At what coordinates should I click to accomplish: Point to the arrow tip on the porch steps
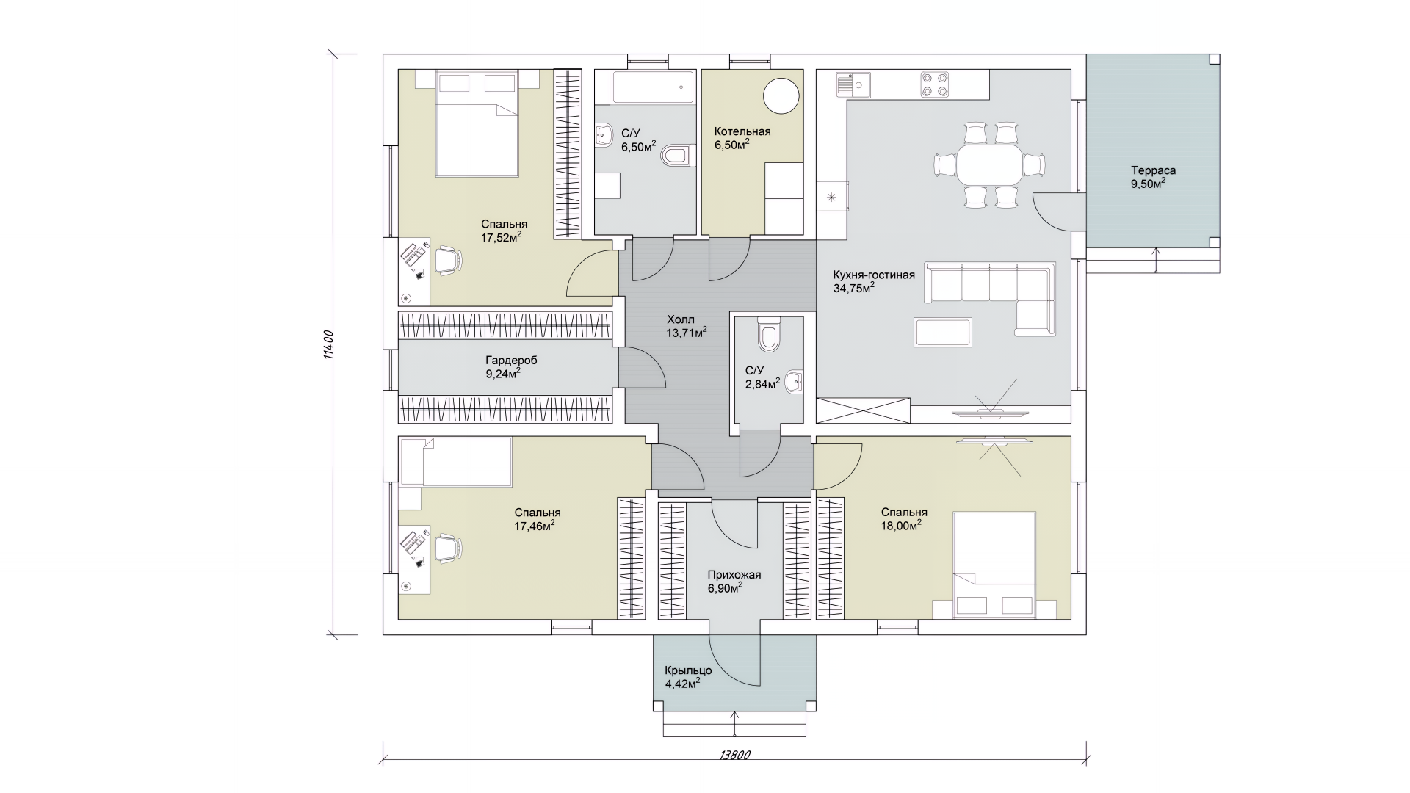tap(736, 711)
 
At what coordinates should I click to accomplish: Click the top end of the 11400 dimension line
tap(334, 54)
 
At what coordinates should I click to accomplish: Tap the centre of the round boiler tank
tap(781, 96)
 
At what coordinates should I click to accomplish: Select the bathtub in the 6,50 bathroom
tap(654, 87)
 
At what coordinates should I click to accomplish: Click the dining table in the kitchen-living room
tap(989, 165)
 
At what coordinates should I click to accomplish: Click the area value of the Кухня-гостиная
tap(853, 288)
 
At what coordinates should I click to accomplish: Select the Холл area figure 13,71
tap(687, 333)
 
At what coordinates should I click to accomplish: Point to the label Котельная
tap(742, 131)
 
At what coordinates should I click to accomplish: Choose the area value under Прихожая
tap(724, 588)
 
